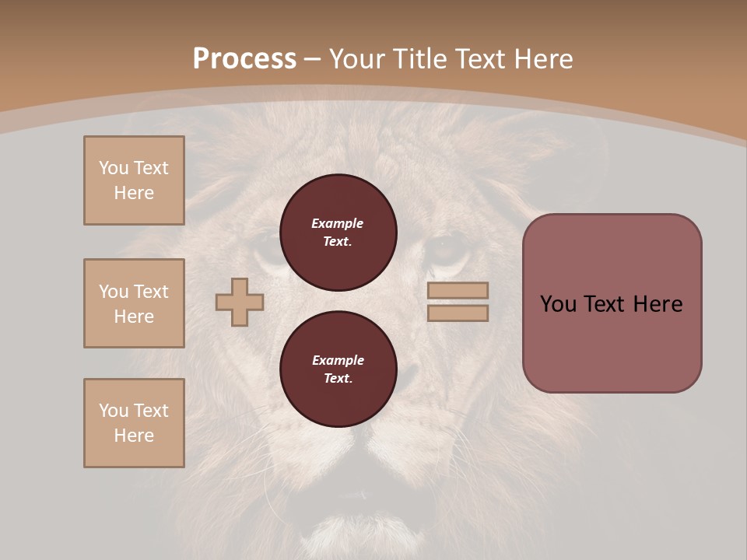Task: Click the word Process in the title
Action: pos(244,59)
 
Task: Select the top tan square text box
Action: pos(134,180)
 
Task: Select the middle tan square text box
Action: pos(134,303)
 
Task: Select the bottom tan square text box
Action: pos(134,423)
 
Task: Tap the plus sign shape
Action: pos(240,302)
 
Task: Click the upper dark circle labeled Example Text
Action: pos(338,233)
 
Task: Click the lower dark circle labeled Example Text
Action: pos(338,369)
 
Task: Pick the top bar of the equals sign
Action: pos(458,291)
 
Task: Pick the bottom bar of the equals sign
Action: pos(458,313)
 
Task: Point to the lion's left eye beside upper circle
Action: pos(446,251)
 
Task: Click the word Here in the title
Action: pos(544,59)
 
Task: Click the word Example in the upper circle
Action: pos(337,223)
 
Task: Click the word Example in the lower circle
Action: pos(338,360)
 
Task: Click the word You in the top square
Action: pos(114,168)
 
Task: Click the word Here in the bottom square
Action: pos(134,436)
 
